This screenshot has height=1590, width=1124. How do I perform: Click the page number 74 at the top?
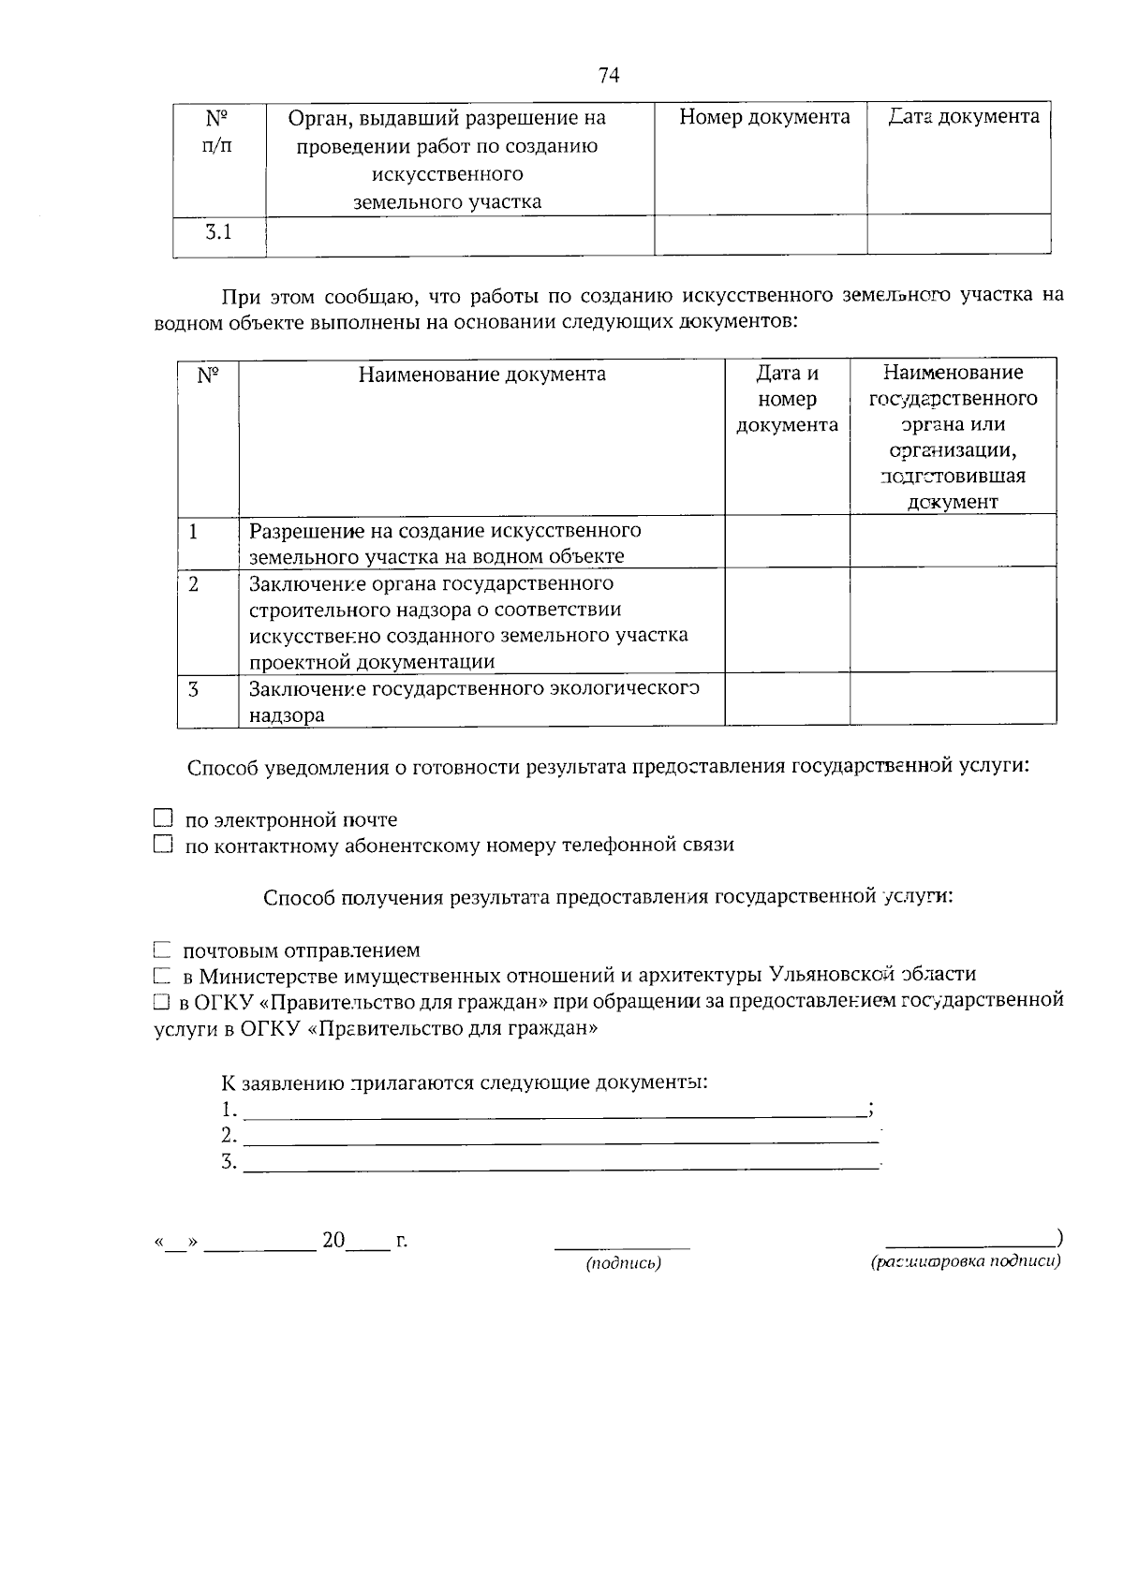coord(609,76)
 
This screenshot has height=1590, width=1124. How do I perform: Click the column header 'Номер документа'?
coord(764,117)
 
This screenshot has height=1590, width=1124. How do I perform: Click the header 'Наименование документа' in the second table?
coord(481,375)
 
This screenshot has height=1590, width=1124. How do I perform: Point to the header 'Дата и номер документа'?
coord(787,399)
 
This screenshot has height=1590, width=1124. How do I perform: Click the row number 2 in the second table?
coord(194,584)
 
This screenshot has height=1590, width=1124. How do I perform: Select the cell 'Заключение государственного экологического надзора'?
coord(474,701)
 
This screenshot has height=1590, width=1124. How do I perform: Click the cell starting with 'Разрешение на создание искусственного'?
coord(445,543)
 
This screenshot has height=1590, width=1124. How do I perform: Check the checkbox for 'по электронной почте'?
coord(164,819)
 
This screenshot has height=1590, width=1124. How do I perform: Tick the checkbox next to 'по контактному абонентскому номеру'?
coord(164,845)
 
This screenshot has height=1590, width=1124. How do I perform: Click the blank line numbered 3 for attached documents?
coord(560,1164)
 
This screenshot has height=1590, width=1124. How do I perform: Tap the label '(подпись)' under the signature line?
coord(623,1264)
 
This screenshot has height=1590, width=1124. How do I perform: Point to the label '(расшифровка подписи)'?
coord(965,1262)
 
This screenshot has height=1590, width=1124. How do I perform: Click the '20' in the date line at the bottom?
coord(333,1242)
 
